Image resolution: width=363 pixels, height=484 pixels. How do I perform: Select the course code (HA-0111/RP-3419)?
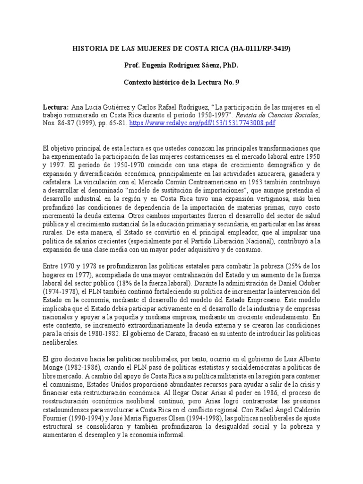pyautogui.click(x=261, y=48)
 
